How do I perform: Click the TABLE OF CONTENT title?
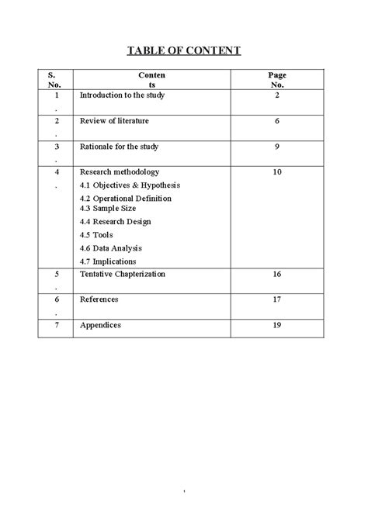[184, 51]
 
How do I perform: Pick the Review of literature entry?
[114, 121]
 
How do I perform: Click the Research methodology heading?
[120, 171]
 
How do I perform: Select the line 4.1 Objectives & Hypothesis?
[130, 185]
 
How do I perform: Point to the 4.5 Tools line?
[97, 234]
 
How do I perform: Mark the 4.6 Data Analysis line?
[111, 247]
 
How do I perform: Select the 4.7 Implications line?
[109, 261]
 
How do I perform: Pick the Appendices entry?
[101, 325]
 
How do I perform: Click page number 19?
[277, 325]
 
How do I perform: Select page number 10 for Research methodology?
[277, 171]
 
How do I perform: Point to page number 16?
[277, 274]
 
